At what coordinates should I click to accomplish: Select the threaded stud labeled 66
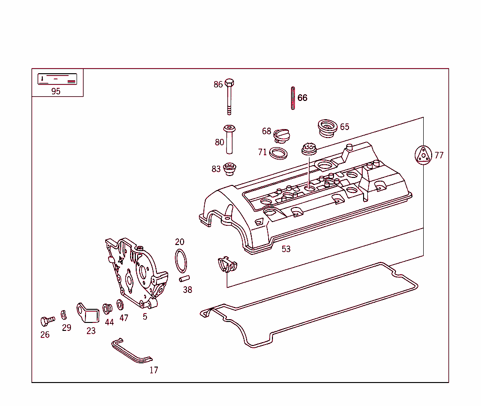click(293, 98)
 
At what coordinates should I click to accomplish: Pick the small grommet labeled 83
click(229, 169)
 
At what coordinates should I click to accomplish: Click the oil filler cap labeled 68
click(282, 135)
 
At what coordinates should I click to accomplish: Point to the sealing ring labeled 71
click(279, 153)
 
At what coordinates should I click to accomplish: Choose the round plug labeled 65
click(327, 128)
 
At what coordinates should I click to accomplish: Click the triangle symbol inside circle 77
click(423, 155)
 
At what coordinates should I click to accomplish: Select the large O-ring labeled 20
click(181, 261)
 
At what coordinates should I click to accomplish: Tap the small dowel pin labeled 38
click(184, 279)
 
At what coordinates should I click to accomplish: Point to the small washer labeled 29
click(63, 314)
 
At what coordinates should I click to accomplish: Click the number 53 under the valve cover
click(286, 249)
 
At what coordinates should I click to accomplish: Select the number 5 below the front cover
click(145, 317)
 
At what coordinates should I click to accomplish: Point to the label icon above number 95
click(57, 79)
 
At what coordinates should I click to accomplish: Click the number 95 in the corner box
click(56, 92)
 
